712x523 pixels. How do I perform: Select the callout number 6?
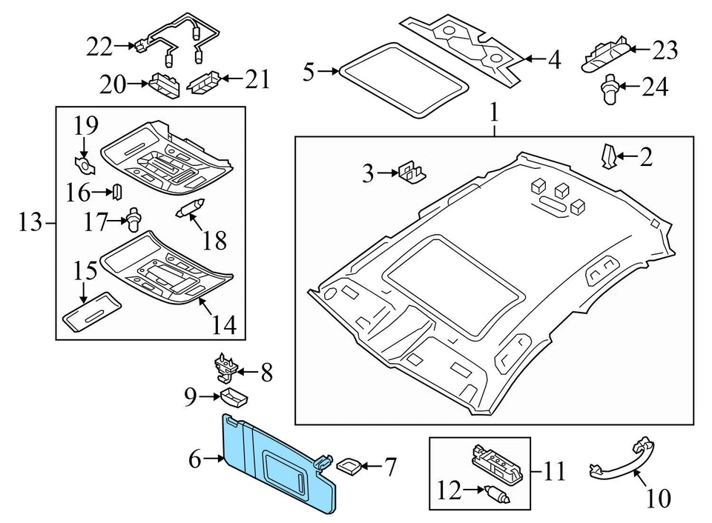194,459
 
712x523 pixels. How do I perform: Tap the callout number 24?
655,87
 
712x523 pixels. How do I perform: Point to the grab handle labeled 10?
622,459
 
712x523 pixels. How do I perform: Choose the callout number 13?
28,222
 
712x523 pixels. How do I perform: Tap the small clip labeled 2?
607,156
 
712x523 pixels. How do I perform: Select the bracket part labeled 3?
412,173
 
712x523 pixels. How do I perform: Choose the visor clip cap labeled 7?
349,466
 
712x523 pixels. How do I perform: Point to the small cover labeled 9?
235,398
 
